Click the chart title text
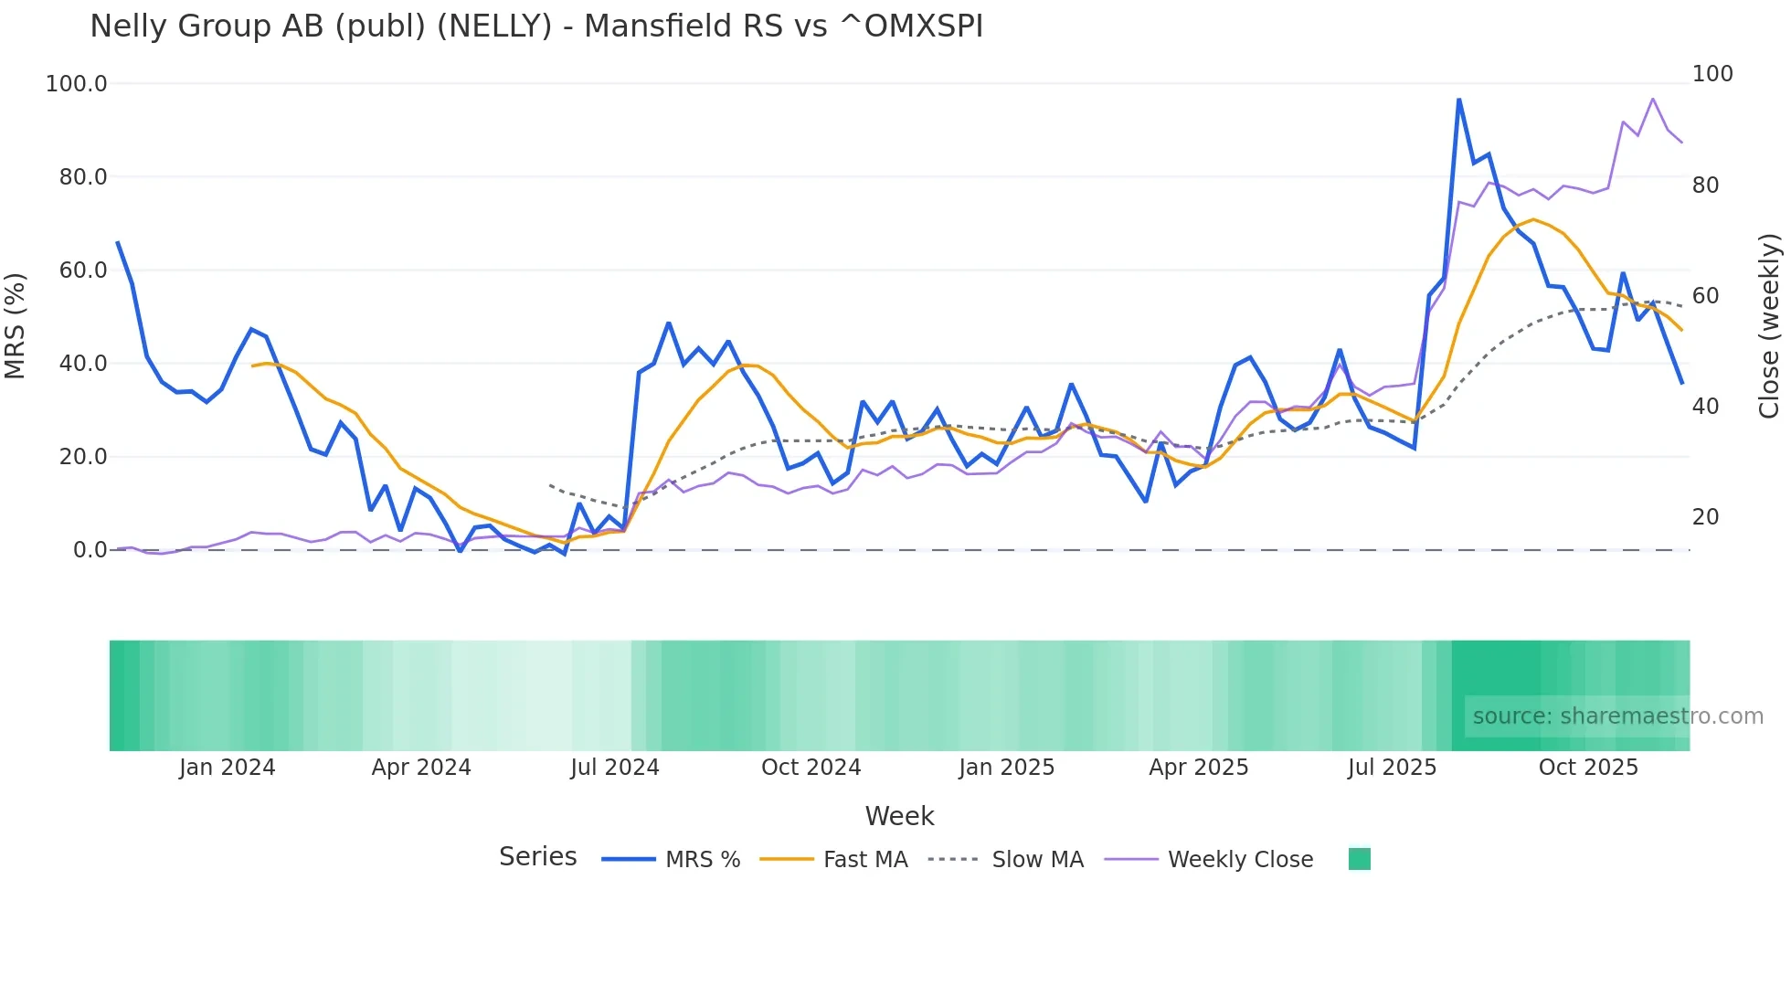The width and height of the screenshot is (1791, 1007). (x=536, y=26)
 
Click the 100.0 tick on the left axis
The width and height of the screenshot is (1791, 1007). (x=77, y=84)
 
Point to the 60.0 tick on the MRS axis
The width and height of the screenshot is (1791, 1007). (x=82, y=270)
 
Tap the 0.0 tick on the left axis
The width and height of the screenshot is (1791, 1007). (x=90, y=550)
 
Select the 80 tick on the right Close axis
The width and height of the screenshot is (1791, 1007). (x=1705, y=185)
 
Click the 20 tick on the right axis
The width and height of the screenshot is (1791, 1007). (x=1705, y=517)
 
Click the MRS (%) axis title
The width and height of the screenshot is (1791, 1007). (x=16, y=325)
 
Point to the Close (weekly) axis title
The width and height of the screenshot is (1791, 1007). (x=1770, y=325)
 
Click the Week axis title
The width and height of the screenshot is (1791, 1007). (x=899, y=816)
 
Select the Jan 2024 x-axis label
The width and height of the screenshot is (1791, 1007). (x=227, y=768)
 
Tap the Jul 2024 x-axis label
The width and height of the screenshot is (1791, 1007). (x=614, y=768)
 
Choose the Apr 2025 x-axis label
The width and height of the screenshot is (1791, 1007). (x=1198, y=768)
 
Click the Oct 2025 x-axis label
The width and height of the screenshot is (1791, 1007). (x=1588, y=768)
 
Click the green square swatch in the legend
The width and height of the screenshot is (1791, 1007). (x=1359, y=859)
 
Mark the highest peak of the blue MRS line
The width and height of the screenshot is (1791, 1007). (x=1458, y=99)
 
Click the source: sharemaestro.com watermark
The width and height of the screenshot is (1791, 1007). (x=1617, y=716)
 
